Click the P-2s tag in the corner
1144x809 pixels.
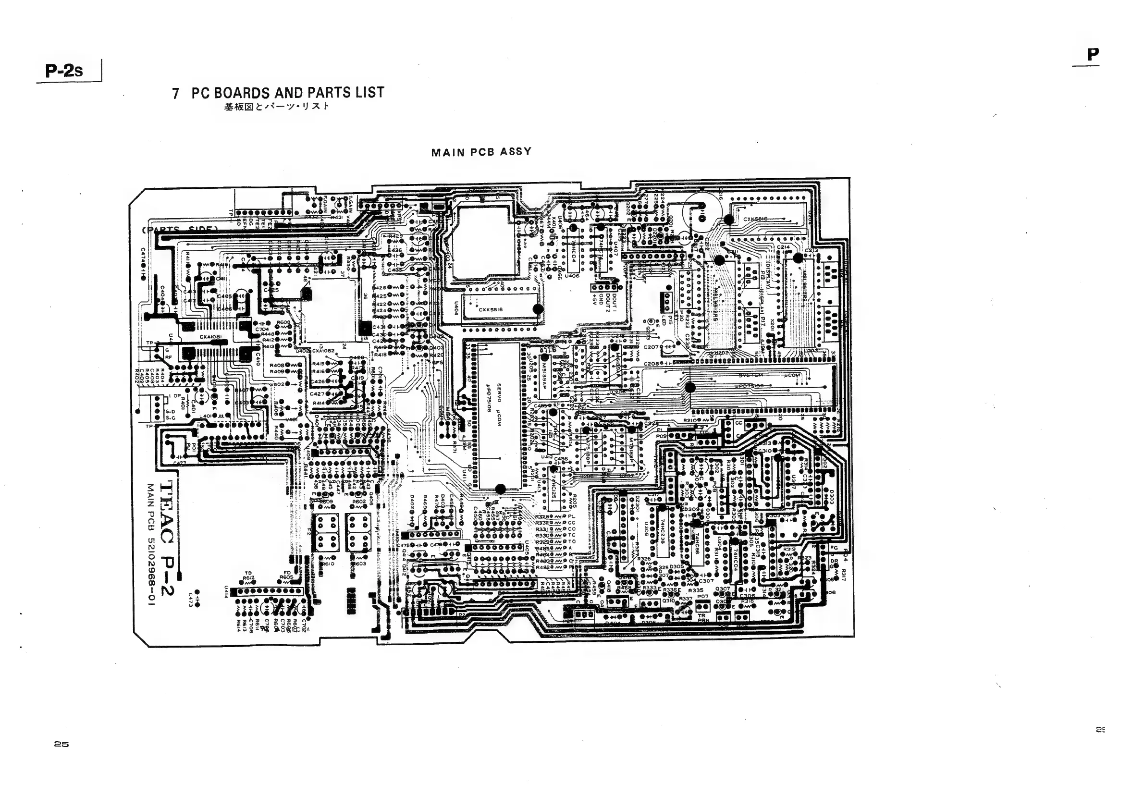(64, 71)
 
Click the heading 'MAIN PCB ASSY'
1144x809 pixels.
(481, 152)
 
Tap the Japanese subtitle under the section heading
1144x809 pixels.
(277, 106)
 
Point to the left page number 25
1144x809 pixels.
(62, 744)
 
